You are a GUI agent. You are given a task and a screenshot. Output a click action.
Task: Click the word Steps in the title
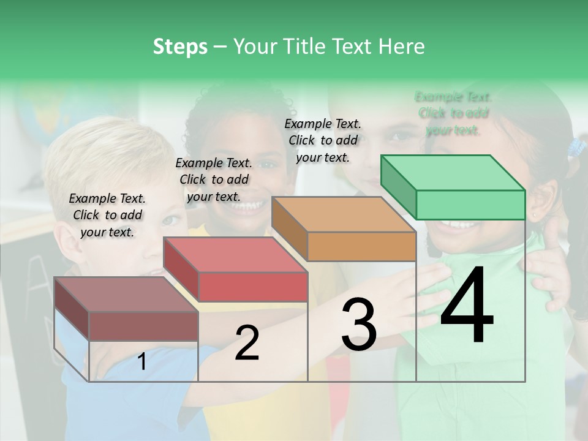point(180,47)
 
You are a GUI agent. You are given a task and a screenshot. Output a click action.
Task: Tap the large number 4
point(467,306)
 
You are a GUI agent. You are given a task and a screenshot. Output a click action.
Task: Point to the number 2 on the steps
point(247,343)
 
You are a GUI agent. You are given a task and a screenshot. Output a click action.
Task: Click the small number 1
point(142,362)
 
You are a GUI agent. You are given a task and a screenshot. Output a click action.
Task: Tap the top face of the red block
point(236,255)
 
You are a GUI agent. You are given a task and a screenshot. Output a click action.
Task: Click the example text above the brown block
point(107,215)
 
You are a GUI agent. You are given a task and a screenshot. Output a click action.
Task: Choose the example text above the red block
point(214,179)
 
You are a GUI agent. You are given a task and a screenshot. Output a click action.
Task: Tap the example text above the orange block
point(323,140)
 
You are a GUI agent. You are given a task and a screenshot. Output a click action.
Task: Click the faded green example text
point(453,113)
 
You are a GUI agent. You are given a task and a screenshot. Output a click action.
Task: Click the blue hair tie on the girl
point(576,147)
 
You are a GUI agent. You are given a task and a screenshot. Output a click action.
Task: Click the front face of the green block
point(470,205)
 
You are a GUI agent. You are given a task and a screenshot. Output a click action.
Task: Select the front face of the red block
point(253,287)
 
